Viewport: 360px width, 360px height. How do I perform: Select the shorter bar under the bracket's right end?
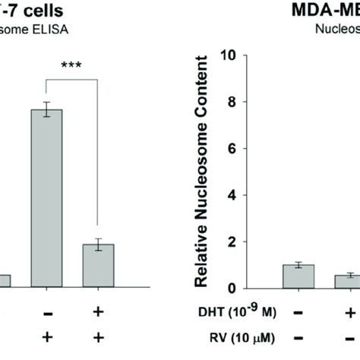(98, 266)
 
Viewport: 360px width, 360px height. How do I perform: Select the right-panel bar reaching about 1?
(297, 276)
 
